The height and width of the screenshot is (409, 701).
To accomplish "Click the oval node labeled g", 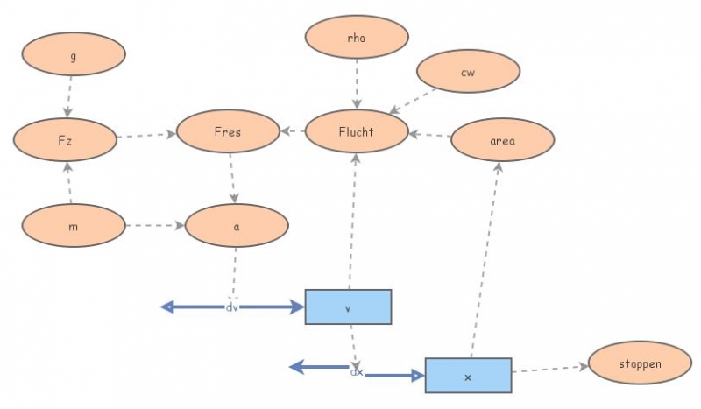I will coord(74,54).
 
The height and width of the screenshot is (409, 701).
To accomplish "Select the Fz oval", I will coord(66,138).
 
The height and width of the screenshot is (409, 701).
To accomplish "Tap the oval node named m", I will coord(74,227).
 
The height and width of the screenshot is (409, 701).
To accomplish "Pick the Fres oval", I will coord(228,133).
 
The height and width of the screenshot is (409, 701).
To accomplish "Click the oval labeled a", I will coord(237,226).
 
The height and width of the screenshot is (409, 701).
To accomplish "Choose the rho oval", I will coord(357,38).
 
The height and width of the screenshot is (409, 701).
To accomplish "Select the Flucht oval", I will coord(356,132).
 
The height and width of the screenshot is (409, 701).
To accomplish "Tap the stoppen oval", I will coord(640,363).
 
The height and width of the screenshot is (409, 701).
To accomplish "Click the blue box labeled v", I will coord(348,307).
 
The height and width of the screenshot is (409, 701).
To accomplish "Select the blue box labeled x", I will coord(468,376).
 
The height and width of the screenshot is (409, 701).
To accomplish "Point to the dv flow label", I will coord(232,307).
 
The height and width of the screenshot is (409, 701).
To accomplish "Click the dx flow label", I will coord(357,372).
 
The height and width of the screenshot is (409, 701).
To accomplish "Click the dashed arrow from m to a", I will coord(154,226).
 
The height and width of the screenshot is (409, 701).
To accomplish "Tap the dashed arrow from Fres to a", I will coord(231,178).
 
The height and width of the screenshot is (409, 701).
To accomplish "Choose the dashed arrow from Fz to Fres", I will coord(146,136).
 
